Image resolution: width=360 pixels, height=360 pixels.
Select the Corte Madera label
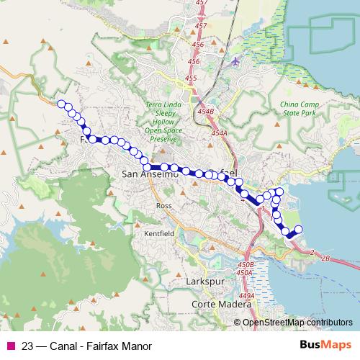[x=215, y=305]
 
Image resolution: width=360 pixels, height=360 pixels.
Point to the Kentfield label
[x=159, y=234]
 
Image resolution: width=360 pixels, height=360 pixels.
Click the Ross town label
[x=162, y=205]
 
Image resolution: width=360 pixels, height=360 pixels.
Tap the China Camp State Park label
[x=298, y=109]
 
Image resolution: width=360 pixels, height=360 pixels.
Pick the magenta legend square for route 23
[x=10, y=346]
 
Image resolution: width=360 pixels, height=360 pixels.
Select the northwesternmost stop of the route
[x=61, y=103]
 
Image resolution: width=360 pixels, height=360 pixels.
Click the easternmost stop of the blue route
[x=298, y=230]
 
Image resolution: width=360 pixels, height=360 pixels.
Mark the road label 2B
[x=325, y=257]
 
